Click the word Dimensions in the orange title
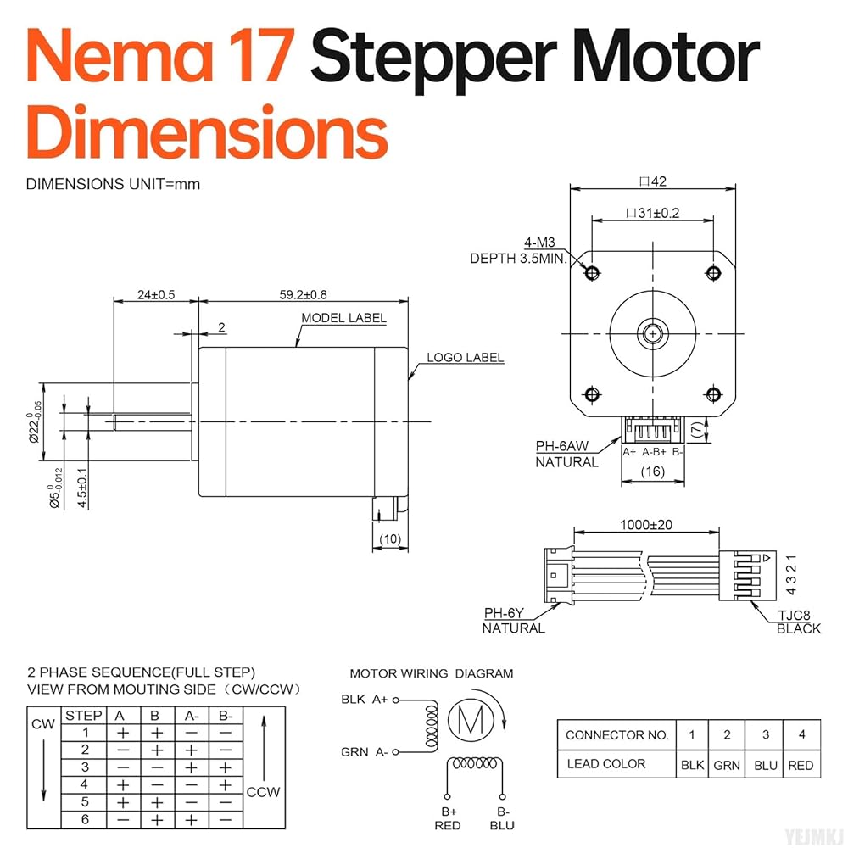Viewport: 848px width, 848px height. tap(207, 133)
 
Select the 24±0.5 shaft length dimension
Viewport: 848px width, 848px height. tap(155, 294)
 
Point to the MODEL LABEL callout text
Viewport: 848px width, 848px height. tap(343, 318)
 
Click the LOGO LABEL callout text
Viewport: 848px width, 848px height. tap(465, 357)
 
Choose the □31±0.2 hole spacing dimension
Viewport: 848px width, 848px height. tap(652, 213)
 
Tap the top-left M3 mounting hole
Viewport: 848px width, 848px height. tap(592, 273)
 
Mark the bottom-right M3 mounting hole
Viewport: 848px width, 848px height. tap(712, 393)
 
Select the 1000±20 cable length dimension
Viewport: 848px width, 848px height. tap(646, 525)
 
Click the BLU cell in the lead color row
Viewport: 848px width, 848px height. tap(765, 764)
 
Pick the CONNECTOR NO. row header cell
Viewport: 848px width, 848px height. tap(616, 734)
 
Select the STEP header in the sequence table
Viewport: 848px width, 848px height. tap(84, 716)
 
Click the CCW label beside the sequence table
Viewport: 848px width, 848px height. tap(263, 792)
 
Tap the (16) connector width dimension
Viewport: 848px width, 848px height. tap(652, 471)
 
